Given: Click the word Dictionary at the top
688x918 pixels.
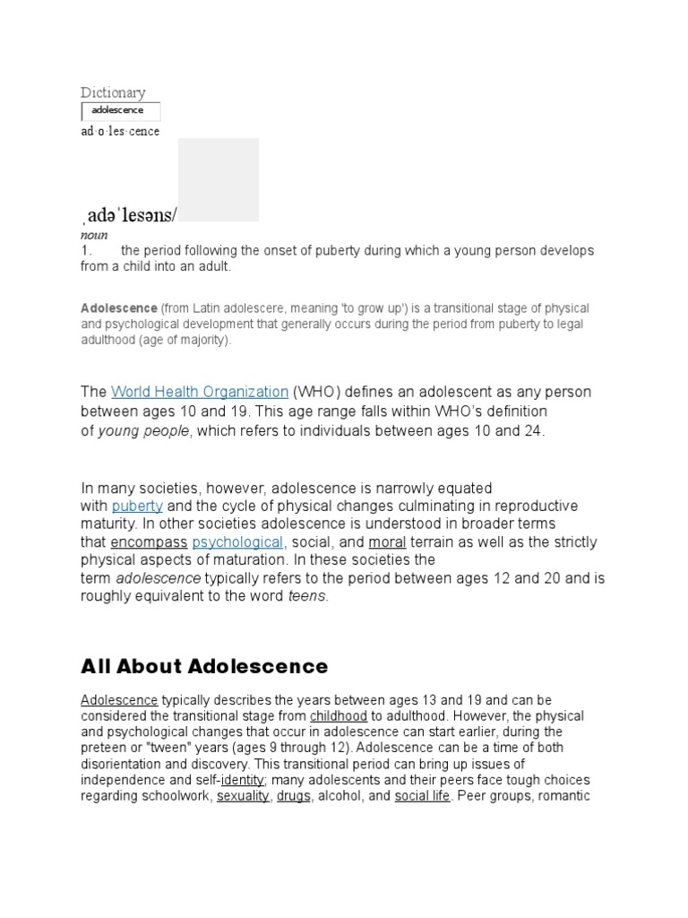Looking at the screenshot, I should click(113, 92).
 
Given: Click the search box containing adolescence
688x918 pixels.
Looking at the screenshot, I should click(121, 111).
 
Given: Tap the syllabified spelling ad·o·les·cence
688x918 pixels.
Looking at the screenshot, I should click(120, 132).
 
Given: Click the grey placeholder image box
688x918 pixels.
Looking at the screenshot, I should click(219, 179).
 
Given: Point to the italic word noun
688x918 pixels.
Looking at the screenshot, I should click(94, 235).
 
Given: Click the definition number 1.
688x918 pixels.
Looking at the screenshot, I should click(87, 251).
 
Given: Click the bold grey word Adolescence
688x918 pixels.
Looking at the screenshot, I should click(119, 308).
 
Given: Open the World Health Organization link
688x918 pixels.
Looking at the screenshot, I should click(200, 392).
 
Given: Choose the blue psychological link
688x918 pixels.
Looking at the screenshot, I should click(237, 542).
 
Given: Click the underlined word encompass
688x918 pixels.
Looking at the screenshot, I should click(149, 542).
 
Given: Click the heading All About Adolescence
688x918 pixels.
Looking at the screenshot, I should click(204, 666).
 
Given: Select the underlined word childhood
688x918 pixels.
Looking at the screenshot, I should click(339, 716).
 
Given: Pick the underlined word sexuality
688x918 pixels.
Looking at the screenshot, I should click(243, 796).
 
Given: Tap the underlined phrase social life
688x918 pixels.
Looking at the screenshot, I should click(422, 796).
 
